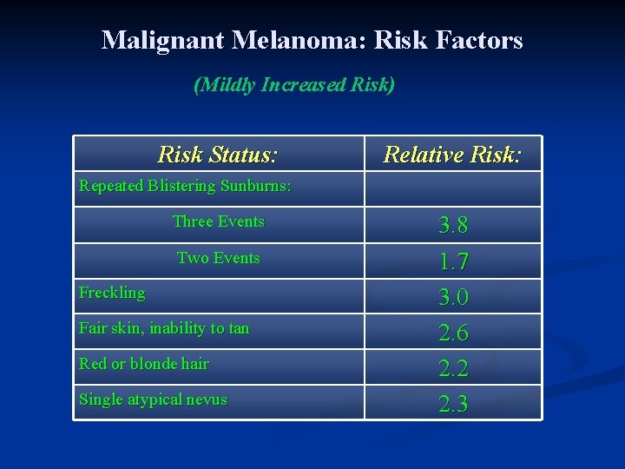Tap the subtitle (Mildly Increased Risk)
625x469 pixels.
[294, 85]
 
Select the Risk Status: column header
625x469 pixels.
[218, 155]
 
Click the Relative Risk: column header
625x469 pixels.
[452, 155]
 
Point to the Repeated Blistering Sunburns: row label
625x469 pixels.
[185, 186]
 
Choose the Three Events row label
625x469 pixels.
[218, 221]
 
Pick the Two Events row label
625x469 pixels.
[218, 258]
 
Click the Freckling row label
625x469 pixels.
[112, 293]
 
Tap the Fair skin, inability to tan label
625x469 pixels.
[164, 328]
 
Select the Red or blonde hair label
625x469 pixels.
[144, 364]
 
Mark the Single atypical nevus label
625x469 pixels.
[153, 400]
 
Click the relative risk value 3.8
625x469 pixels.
[453, 226]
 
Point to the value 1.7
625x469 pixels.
[453, 261]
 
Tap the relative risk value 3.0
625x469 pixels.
[453, 297]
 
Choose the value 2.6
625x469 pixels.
[453, 333]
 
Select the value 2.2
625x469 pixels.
[453, 368]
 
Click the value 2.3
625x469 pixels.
[453, 404]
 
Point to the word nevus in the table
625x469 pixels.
[207, 400]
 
